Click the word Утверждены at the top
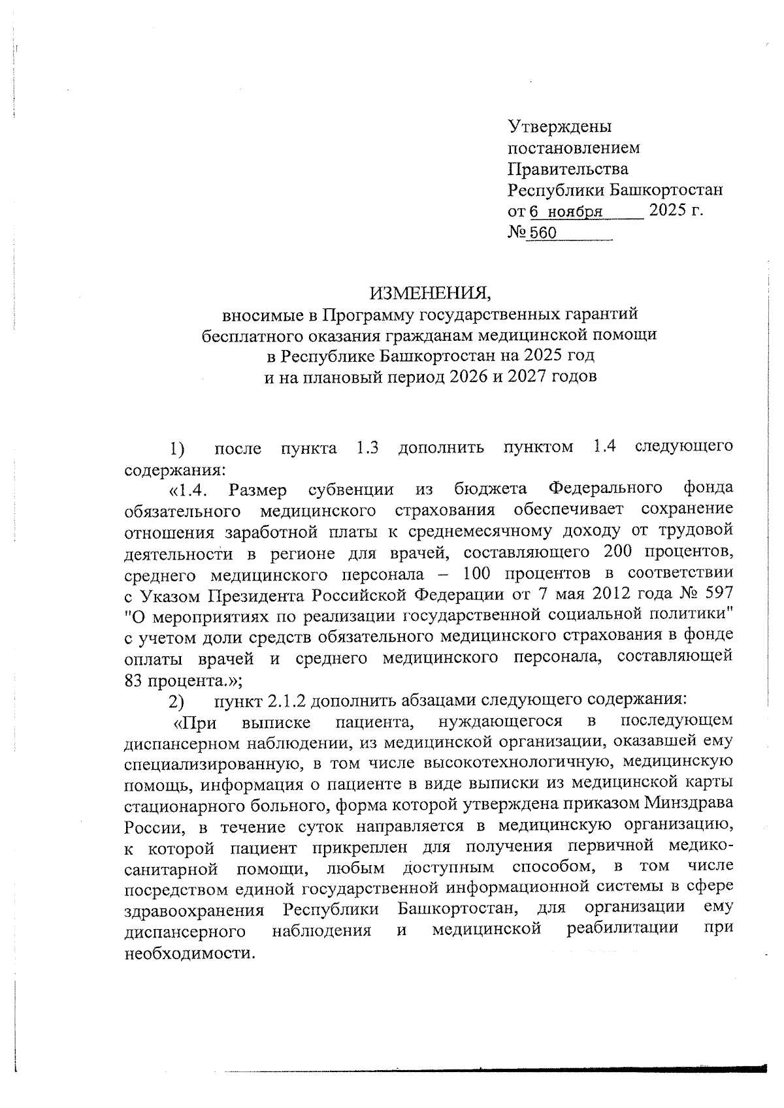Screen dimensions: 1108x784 point(560,126)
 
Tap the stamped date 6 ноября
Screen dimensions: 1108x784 point(566,212)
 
